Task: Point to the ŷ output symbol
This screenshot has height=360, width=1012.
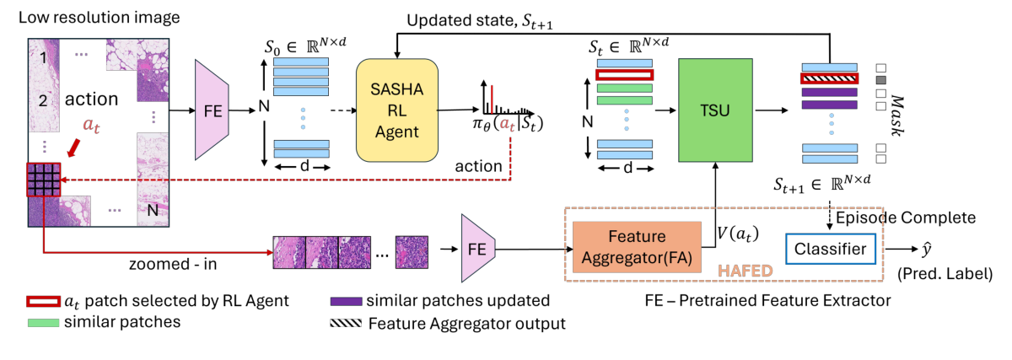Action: pos(951,249)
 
